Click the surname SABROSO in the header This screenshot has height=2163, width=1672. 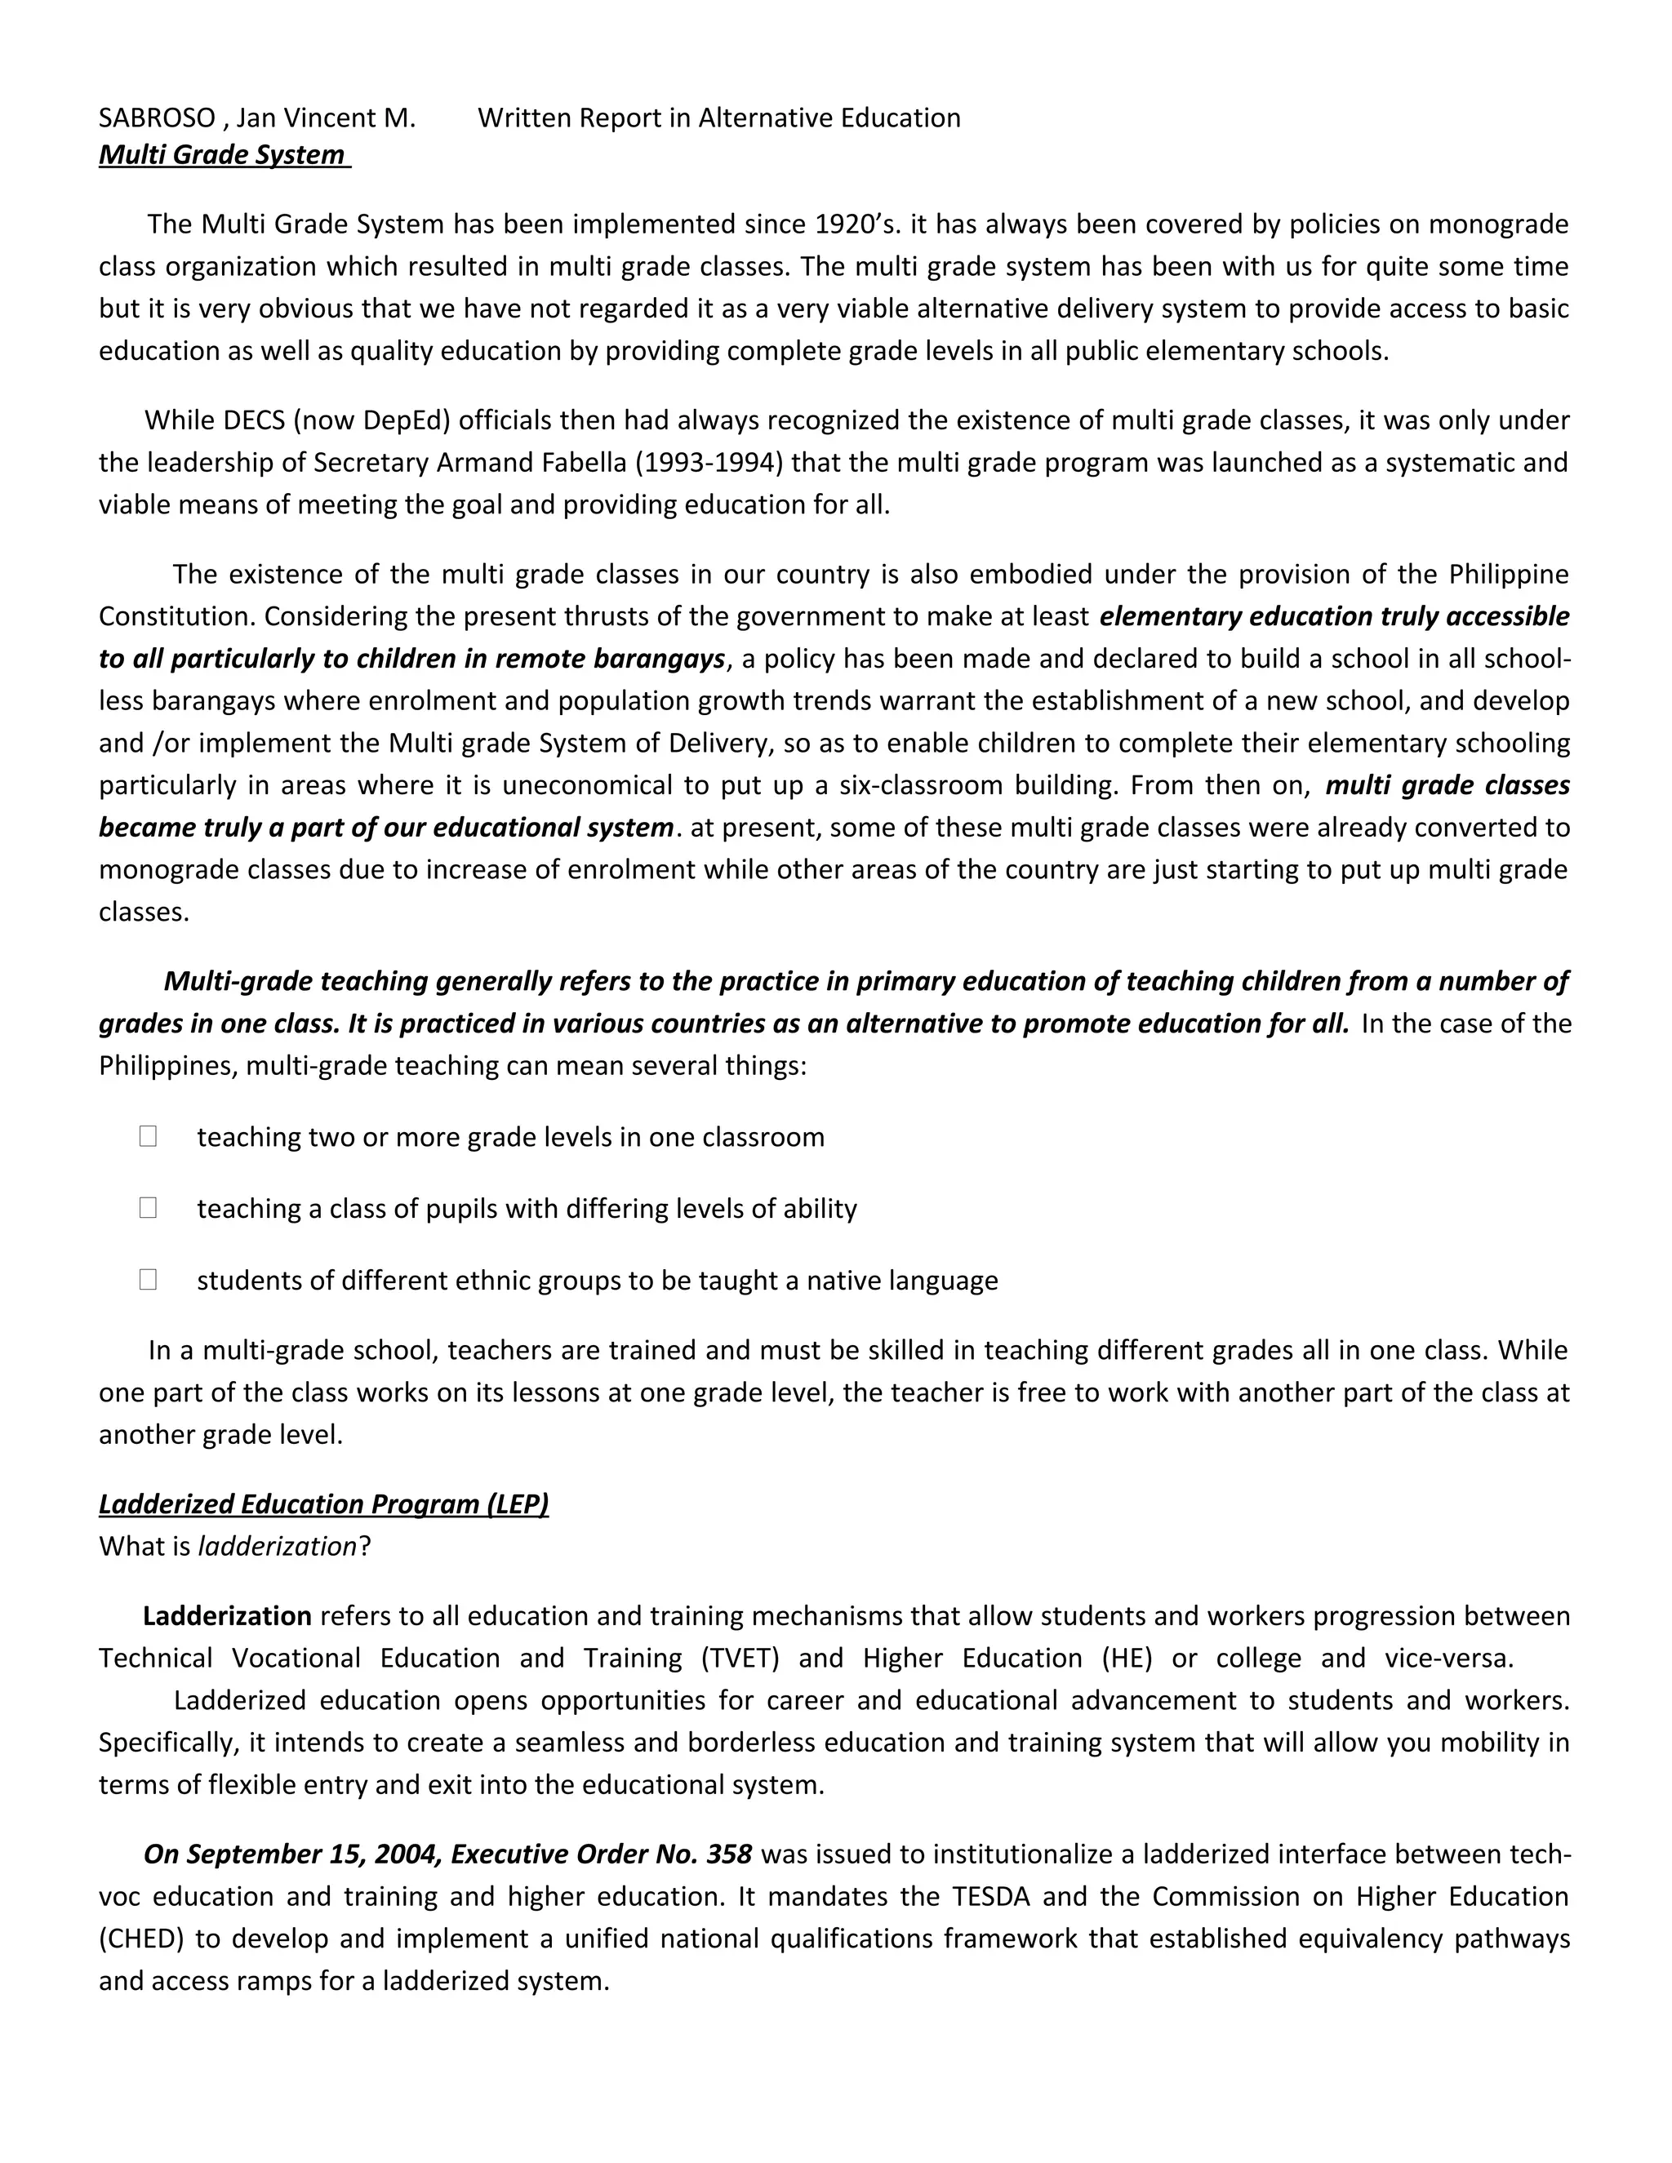157,118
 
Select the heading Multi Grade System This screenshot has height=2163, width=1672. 224,154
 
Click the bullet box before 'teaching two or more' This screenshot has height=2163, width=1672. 149,1136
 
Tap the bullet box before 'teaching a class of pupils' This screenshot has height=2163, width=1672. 149,1207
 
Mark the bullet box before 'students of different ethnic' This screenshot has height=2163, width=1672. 149,1280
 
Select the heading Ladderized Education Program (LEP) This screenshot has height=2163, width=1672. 323,1503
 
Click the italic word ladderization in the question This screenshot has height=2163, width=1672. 278,1546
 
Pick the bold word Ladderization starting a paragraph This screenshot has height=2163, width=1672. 227,1615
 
